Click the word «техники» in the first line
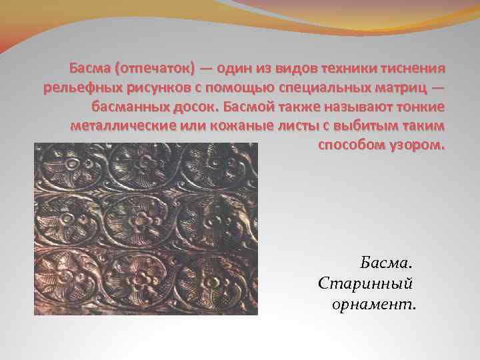pos(345,69)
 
